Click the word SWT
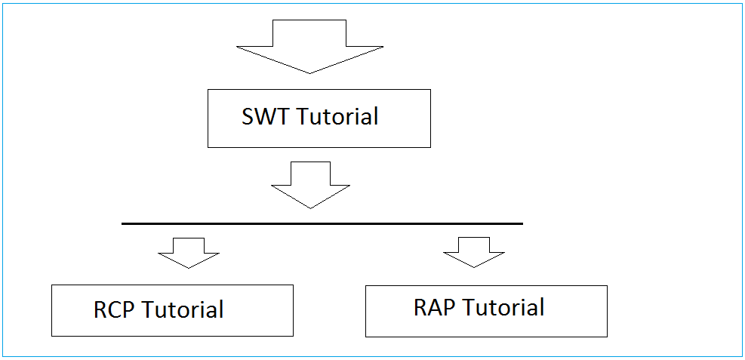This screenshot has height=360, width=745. (x=266, y=116)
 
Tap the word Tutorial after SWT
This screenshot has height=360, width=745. (x=338, y=116)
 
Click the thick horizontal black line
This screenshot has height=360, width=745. (x=322, y=223)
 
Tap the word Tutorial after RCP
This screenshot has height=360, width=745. (x=183, y=309)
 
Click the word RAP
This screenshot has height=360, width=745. (x=435, y=307)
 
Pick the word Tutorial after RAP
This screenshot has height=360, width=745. (x=503, y=307)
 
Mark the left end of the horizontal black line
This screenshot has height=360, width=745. (x=122, y=223)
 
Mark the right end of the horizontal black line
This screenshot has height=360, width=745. (x=522, y=223)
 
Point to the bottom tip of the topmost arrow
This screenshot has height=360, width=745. (x=309, y=74)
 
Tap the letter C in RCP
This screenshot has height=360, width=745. (x=115, y=309)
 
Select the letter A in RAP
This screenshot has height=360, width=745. (x=436, y=307)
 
